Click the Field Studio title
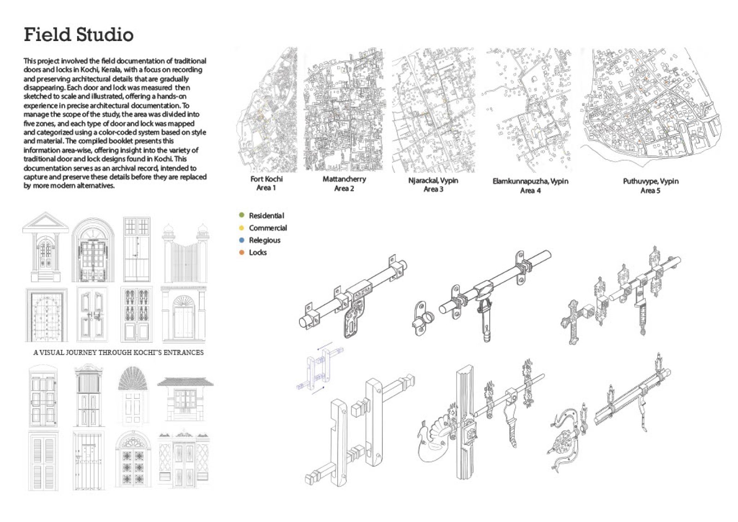78,35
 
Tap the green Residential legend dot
241,215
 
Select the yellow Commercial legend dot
241,228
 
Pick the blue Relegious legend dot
241,240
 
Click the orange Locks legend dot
241,252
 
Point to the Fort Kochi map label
266,179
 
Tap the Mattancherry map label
344,179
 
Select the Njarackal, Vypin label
433,180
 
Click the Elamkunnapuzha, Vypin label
530,181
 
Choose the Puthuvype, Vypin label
650,181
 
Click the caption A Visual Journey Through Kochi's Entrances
118,352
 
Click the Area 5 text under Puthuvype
650,190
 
